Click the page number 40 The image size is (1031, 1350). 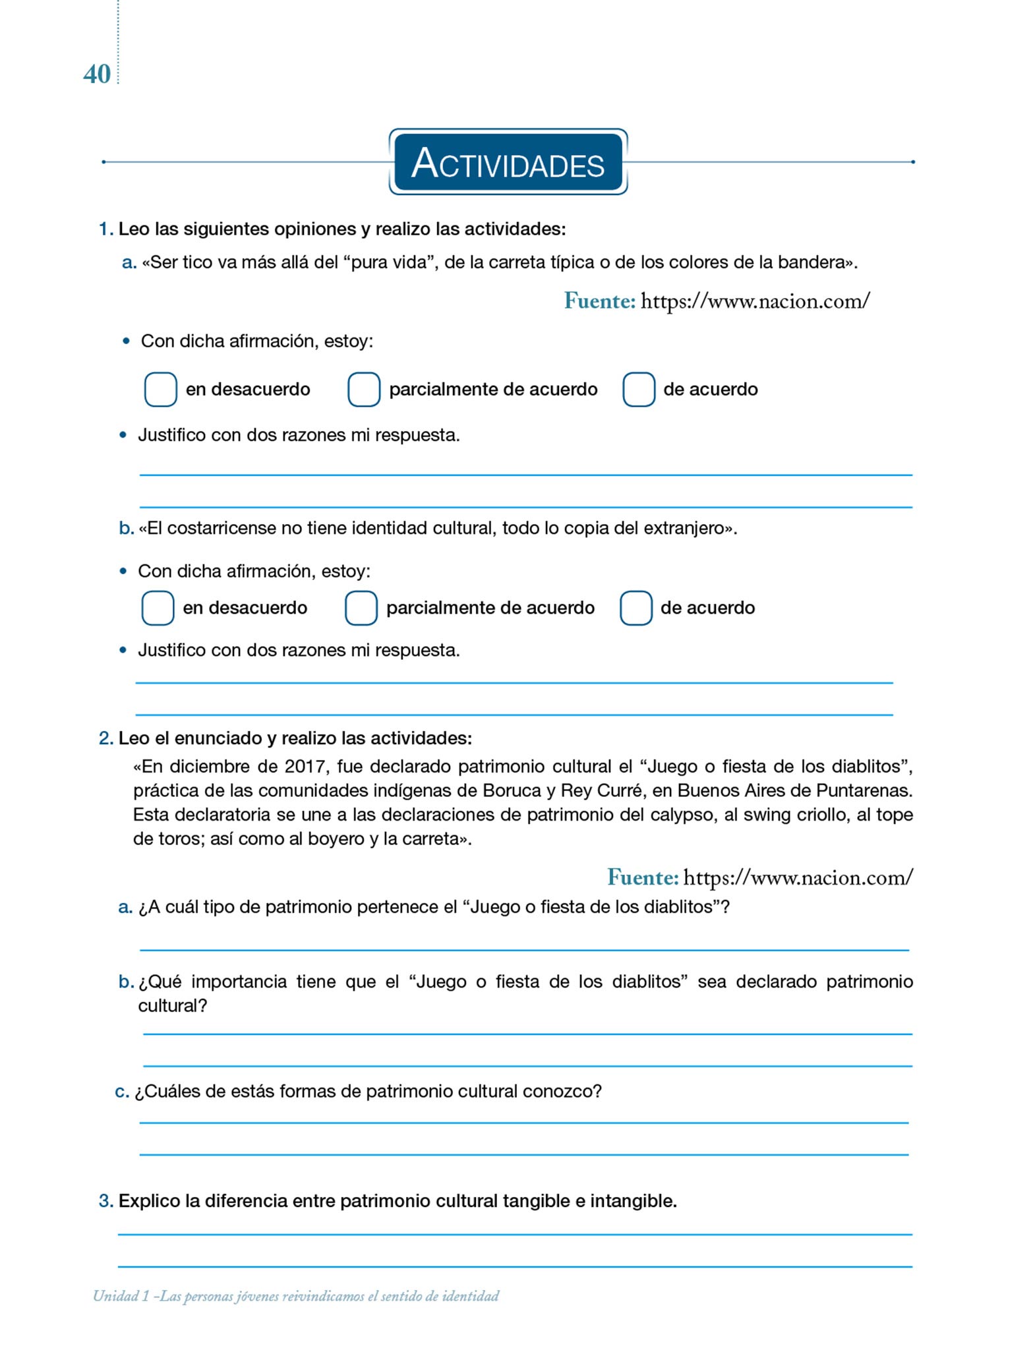pos(97,74)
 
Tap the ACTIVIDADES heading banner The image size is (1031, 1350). pos(508,163)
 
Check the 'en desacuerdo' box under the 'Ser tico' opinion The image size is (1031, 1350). pos(160,390)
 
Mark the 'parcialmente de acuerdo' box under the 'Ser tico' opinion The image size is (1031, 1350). pos(364,390)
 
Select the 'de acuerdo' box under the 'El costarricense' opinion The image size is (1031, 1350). pos(636,608)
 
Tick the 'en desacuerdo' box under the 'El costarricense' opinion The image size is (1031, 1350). pos(158,608)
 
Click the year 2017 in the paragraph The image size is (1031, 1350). pos(304,767)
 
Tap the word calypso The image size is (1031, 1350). pos(684,815)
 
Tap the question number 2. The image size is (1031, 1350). pos(105,738)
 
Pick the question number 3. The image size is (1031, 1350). pos(105,1201)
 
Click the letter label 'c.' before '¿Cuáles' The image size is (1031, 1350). pos(122,1092)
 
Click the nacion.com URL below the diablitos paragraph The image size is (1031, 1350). pos(798,877)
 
